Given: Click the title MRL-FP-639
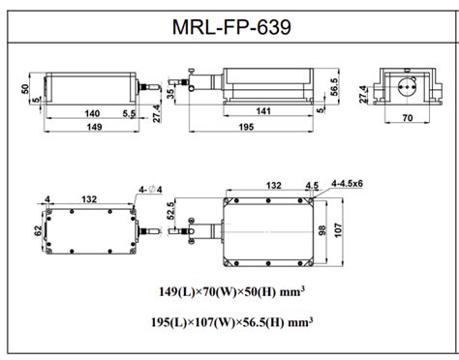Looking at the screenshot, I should (x=229, y=21).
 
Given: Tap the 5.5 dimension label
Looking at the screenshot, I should (x=128, y=113).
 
